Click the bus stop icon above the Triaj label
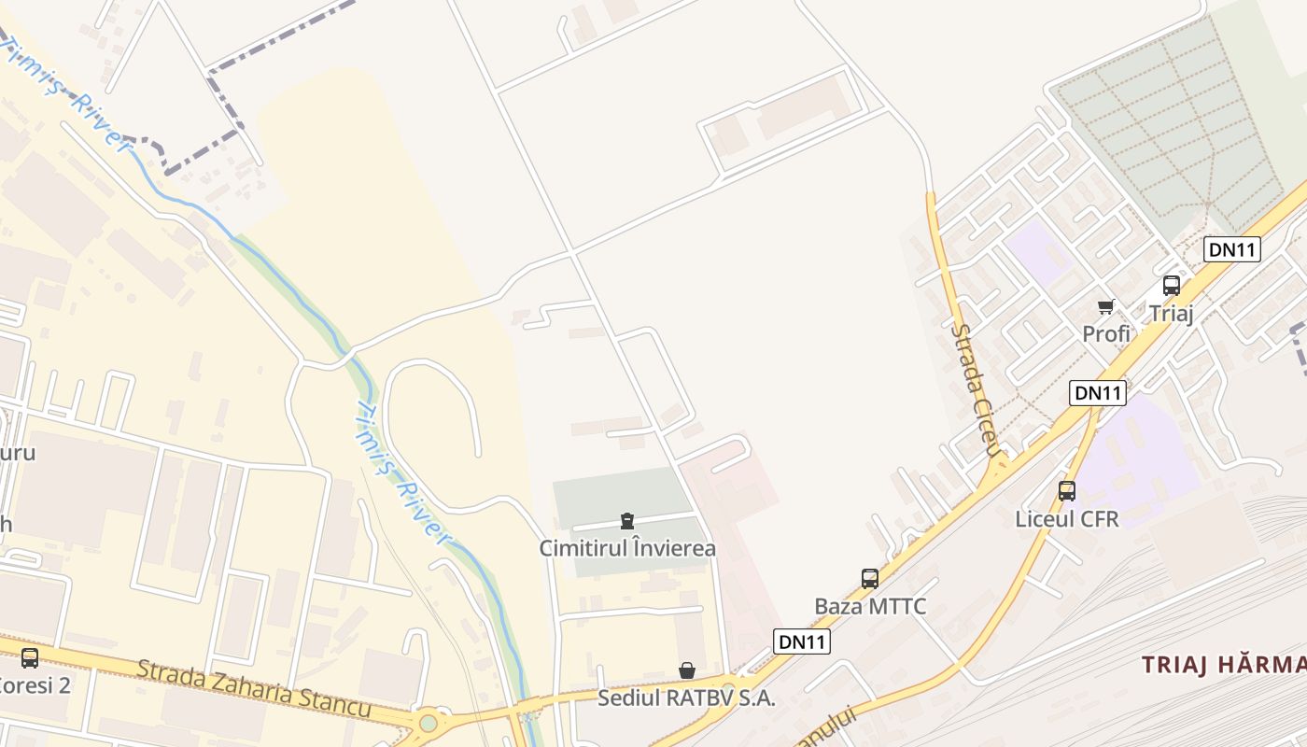click(1172, 286)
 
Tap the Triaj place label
click(1172, 313)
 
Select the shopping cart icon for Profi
click(1106, 306)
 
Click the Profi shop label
click(1106, 333)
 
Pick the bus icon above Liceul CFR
click(1067, 490)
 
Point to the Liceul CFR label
click(1067, 519)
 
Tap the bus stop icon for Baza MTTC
click(870, 578)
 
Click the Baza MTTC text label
click(870, 606)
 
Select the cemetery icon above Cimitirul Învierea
click(627, 521)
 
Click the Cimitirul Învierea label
click(627, 548)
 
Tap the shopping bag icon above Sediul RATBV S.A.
click(687, 670)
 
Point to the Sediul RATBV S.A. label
click(687, 698)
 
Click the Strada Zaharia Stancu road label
click(254, 688)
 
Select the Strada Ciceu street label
click(976, 390)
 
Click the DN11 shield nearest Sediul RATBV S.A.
click(802, 641)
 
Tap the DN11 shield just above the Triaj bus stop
click(1232, 249)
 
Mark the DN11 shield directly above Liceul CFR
click(1098, 393)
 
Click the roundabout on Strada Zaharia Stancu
click(429, 722)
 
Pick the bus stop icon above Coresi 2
click(30, 657)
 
